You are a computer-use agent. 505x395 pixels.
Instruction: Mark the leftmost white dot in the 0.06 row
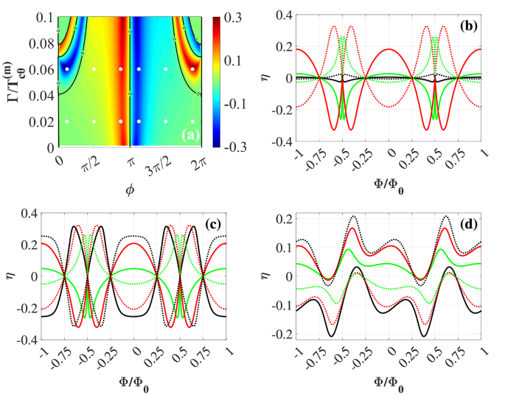pos(67,69)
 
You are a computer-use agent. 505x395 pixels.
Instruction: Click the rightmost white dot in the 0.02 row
pos(193,121)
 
